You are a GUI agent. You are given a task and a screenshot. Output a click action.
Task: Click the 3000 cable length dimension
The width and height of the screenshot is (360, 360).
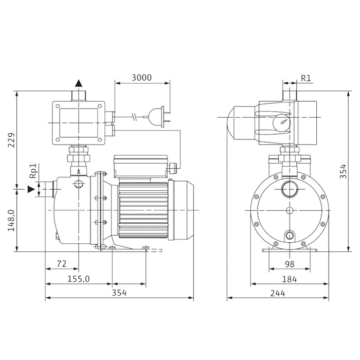click(x=141, y=78)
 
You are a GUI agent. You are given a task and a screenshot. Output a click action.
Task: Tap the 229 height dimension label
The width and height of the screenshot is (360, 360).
click(x=11, y=140)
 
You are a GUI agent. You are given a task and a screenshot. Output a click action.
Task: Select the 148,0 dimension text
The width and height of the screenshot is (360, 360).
click(x=11, y=221)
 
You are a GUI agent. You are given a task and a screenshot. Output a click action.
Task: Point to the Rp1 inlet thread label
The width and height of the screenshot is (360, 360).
click(x=33, y=171)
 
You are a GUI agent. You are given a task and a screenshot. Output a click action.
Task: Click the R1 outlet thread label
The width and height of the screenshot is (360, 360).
click(x=305, y=78)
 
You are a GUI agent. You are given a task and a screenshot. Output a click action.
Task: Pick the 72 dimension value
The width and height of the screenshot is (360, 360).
click(x=62, y=264)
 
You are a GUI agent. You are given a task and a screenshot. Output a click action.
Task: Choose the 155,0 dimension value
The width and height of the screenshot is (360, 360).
click(x=79, y=279)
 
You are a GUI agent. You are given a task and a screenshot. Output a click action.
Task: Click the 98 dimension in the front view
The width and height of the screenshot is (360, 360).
click(x=290, y=264)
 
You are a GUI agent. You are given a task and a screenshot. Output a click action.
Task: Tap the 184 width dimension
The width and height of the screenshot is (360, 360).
click(x=289, y=279)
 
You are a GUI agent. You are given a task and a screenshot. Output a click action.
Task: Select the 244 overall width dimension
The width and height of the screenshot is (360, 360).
click(x=278, y=293)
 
